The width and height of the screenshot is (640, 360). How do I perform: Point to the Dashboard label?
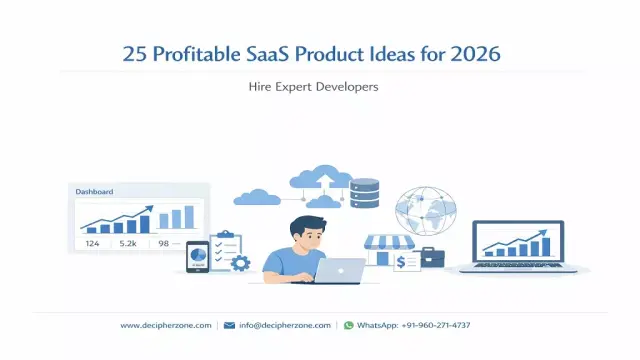95,192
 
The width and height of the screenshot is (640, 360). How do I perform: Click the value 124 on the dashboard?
92,243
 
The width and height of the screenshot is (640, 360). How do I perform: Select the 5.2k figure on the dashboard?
129,243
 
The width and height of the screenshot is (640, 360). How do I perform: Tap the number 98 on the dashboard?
163,243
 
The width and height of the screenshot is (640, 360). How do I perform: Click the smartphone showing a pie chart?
197,257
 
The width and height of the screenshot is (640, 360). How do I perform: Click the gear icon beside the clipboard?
240,263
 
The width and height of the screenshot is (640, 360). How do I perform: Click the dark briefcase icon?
432,257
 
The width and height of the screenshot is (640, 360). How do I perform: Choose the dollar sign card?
407,263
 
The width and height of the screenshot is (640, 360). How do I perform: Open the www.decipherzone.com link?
165,325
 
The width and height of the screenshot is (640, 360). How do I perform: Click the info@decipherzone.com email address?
283,325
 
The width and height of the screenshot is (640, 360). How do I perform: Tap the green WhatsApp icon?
348,325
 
